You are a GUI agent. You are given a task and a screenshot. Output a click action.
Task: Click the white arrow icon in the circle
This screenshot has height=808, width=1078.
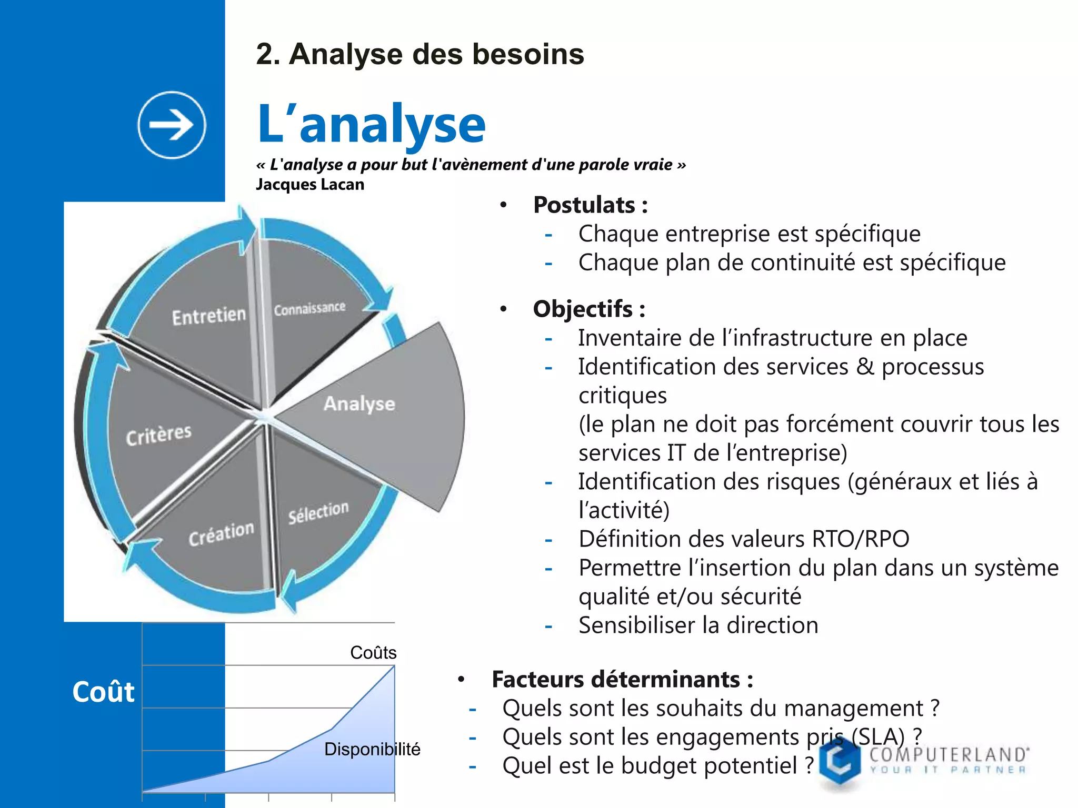pyautogui.click(x=172, y=125)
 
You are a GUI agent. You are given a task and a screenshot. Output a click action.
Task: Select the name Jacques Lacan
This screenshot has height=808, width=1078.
pyautogui.click(x=310, y=185)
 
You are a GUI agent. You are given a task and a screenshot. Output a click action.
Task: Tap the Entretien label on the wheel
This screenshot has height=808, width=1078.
pyautogui.click(x=209, y=316)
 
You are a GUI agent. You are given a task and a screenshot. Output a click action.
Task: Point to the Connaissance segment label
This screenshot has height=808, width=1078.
pyautogui.click(x=310, y=308)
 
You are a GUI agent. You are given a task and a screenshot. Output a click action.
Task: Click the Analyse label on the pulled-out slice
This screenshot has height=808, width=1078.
pyautogui.click(x=360, y=404)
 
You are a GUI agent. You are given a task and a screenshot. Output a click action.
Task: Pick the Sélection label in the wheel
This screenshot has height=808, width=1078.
pyautogui.click(x=318, y=512)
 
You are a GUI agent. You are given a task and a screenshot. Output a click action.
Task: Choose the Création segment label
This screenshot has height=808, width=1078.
pyautogui.click(x=221, y=534)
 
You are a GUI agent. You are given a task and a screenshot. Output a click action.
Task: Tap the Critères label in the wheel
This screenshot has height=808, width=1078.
pyautogui.click(x=158, y=435)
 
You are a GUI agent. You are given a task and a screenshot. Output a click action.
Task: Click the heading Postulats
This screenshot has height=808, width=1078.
pyautogui.click(x=590, y=205)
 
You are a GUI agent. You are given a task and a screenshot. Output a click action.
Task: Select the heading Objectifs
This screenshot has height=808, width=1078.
pyautogui.click(x=588, y=309)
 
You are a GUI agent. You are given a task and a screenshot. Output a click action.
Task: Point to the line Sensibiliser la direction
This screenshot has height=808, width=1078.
pyautogui.click(x=698, y=625)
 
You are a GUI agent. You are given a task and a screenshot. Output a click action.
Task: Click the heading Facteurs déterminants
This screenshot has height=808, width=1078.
pyautogui.click(x=622, y=680)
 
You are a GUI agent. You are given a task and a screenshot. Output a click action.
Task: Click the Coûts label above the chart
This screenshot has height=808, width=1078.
pyautogui.click(x=373, y=653)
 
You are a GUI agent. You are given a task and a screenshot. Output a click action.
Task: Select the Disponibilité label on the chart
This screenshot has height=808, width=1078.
pyautogui.click(x=372, y=749)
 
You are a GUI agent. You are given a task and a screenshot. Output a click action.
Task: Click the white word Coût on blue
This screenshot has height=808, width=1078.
pyautogui.click(x=103, y=692)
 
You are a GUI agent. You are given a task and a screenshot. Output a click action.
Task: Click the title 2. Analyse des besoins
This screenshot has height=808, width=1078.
pyautogui.click(x=420, y=54)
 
